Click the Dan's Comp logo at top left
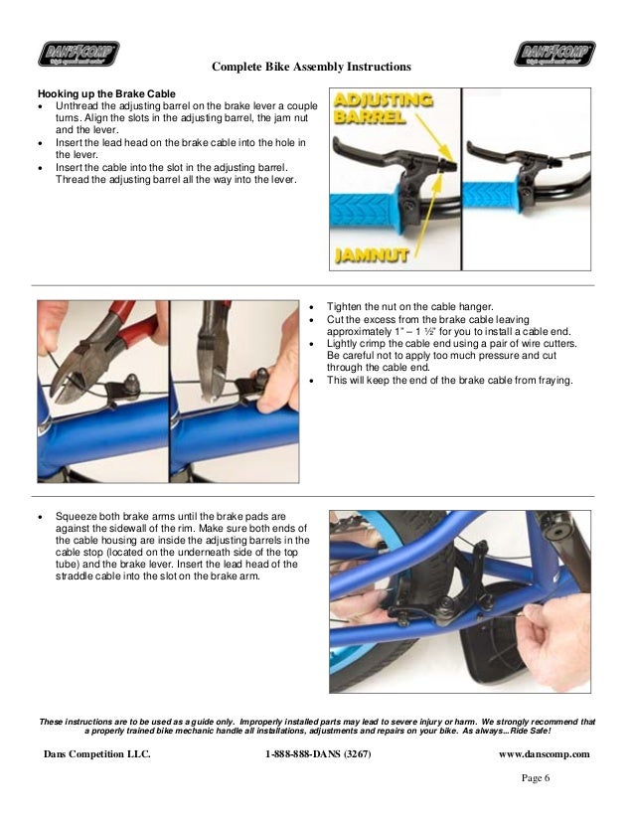point(79,54)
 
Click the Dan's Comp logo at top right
point(555,54)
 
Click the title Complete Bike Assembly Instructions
point(311,67)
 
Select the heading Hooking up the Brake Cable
point(106,94)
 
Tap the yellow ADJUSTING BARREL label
point(383,108)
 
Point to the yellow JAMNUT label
point(372,255)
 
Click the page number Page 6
point(536,778)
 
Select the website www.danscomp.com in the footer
point(545,754)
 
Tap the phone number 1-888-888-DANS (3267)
point(318,754)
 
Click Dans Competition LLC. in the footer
point(96,754)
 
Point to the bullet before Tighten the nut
point(311,308)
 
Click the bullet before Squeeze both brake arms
point(41,517)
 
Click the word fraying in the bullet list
point(555,381)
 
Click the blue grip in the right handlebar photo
point(491,198)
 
